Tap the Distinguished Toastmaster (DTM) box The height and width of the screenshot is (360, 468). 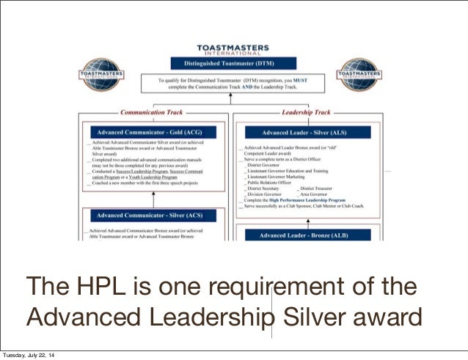pyautogui.click(x=233, y=63)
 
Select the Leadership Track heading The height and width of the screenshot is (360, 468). pyautogui.click(x=307, y=113)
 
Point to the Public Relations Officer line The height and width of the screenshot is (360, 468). pyautogui.click(x=277, y=182)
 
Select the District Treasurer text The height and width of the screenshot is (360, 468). pyautogui.click(x=320, y=188)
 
